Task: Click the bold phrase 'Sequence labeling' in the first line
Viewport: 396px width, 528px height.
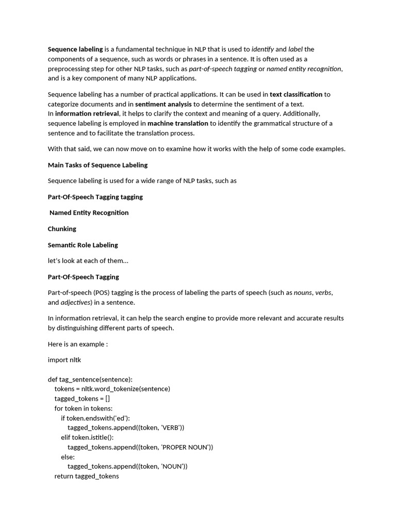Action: coord(75,49)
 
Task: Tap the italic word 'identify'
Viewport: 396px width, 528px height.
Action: coord(262,49)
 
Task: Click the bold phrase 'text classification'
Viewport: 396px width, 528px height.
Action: coord(296,94)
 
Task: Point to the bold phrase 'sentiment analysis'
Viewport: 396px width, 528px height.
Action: coord(163,104)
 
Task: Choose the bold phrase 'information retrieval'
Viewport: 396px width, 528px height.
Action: coord(87,113)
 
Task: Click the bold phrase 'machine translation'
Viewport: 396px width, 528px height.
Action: coord(178,123)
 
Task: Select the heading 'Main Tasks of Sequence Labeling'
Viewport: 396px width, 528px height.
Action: coord(97,165)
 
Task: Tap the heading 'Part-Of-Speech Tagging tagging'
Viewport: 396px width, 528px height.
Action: coord(95,197)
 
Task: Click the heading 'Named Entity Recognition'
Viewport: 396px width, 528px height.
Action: coord(89,212)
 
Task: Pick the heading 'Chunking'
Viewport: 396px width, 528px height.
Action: coord(62,229)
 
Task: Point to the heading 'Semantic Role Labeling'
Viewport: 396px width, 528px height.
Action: coord(83,245)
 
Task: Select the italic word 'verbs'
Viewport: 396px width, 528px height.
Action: coord(323,293)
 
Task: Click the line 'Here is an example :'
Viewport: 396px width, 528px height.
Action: coord(78,344)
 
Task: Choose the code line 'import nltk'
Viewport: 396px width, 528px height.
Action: coord(64,360)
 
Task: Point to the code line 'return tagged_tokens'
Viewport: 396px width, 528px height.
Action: coord(87,476)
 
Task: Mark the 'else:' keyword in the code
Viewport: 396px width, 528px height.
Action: coord(68,457)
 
